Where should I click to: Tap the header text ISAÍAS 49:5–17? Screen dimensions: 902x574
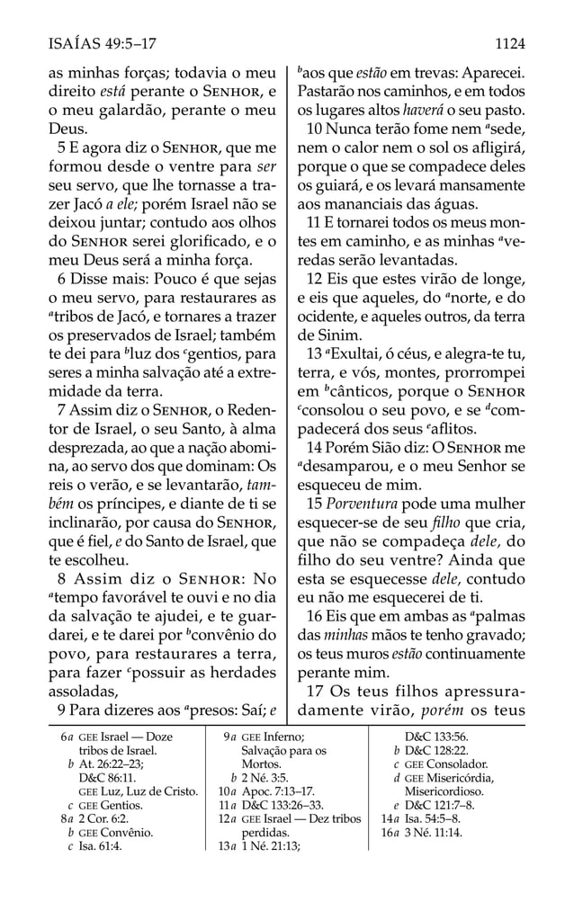[x=99, y=41]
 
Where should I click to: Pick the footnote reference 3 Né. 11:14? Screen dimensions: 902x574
[x=437, y=832]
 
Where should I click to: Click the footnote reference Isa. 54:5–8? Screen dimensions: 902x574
[x=438, y=817]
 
